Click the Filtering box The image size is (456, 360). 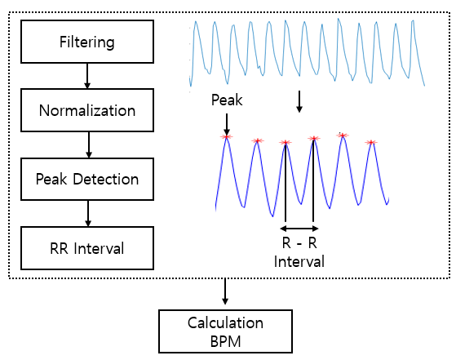tap(87, 42)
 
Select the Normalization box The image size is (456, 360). tap(87, 110)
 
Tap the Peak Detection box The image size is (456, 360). tap(87, 179)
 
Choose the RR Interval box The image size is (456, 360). tap(87, 248)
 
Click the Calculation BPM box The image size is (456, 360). tap(225, 331)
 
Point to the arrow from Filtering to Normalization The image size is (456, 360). tap(87, 76)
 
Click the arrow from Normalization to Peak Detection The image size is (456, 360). tap(89, 144)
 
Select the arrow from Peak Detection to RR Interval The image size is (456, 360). tap(88, 213)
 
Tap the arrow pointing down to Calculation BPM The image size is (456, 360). tap(225, 291)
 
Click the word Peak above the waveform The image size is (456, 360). tap(227, 100)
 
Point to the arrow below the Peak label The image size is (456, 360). tap(227, 124)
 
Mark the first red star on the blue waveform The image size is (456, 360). tap(226, 137)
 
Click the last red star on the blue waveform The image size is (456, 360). tap(371, 142)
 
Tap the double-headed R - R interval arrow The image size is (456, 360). tap(299, 229)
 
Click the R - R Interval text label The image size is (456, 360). tap(299, 252)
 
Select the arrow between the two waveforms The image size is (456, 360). tap(299, 101)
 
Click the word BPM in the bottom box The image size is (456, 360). tap(225, 342)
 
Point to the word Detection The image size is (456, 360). tap(106, 179)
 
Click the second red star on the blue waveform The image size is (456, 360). tap(258, 141)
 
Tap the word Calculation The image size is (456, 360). tap(225, 323)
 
